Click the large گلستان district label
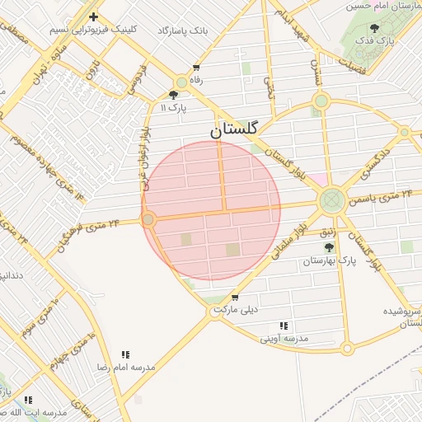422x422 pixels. (x=234, y=129)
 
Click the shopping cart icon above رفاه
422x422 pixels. (x=195, y=68)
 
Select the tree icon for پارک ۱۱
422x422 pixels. (x=173, y=95)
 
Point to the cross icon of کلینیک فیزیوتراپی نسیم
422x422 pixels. (x=93, y=16)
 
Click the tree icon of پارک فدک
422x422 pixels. (x=375, y=28)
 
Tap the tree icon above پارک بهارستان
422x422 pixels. (x=329, y=246)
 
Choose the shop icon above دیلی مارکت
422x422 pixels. (x=236, y=298)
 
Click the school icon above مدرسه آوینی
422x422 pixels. (x=284, y=326)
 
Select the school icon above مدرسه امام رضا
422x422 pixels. (x=125, y=354)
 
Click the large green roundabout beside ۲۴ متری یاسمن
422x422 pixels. (x=332, y=199)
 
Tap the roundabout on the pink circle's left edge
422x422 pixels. (x=148, y=219)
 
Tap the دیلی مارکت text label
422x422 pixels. (x=236, y=310)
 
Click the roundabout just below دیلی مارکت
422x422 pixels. (x=213, y=312)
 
